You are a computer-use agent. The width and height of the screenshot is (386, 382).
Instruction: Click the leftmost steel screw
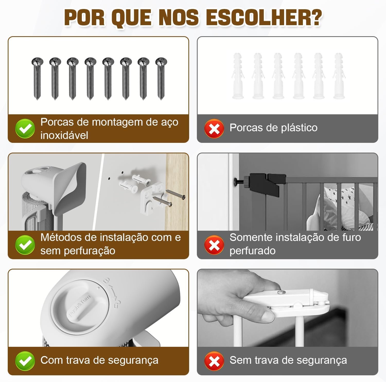tap(37, 78)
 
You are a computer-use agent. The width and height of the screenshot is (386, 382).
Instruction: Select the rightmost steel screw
tap(161, 78)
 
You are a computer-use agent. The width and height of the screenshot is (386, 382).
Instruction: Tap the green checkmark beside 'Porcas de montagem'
tap(25, 128)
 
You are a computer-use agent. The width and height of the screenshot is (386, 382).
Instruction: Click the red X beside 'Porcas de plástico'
tap(214, 128)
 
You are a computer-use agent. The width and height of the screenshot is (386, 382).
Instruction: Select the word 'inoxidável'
tap(64, 135)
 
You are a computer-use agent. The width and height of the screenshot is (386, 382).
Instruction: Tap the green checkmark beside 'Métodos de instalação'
tap(25, 245)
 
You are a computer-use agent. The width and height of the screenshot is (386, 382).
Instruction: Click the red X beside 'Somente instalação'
tap(214, 245)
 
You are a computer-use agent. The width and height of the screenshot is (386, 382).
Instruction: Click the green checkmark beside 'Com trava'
tap(25, 361)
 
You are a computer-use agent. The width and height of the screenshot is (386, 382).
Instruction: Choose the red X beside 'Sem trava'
tap(214, 361)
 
